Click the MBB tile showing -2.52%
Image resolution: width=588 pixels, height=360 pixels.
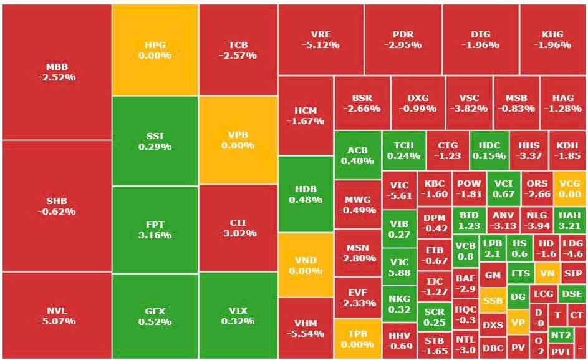pos(57,72)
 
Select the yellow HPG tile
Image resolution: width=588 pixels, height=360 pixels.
pos(155,50)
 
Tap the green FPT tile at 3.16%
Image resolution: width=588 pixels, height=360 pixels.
pos(155,230)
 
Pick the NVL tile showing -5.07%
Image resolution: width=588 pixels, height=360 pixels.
pos(57,316)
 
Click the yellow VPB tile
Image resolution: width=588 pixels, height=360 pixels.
pos(238,140)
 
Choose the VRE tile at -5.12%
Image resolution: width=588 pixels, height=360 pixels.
pos(321,39)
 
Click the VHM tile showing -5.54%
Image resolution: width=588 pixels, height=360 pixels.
pos(306,328)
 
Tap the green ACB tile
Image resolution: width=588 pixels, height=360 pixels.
pos(357,155)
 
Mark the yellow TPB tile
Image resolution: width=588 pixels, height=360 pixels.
pos(357,339)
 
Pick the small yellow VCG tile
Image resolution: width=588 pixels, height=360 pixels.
pos(569,188)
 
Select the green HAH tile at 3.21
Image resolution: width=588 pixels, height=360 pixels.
pos(569,221)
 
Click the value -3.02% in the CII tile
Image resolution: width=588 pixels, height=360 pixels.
pos(238,234)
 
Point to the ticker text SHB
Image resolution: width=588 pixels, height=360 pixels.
pos(57,201)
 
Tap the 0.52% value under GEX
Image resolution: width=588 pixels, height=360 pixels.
pos(155,322)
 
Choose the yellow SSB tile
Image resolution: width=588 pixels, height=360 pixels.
pos(493,300)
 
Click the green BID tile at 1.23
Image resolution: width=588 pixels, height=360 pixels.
pos(470,221)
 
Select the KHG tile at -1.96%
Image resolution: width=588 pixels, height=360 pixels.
pos(552,39)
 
